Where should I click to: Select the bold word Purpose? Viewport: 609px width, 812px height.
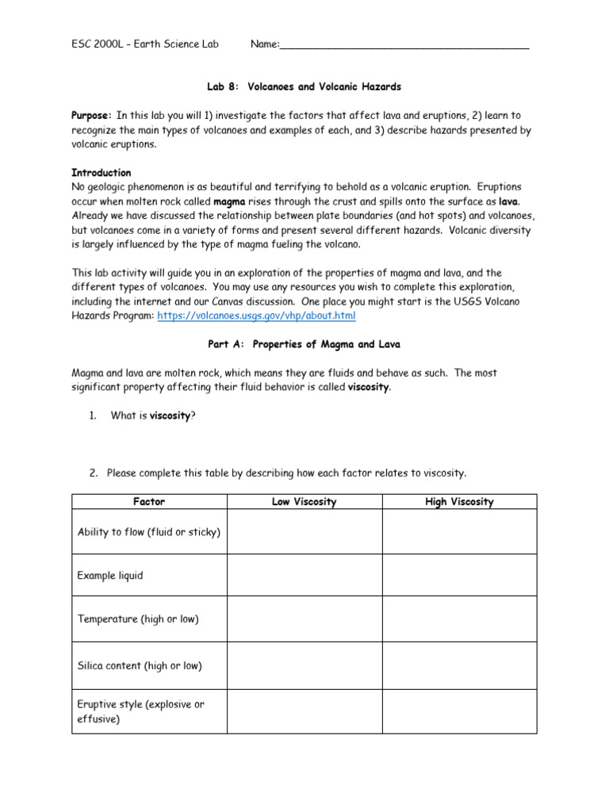click(x=92, y=115)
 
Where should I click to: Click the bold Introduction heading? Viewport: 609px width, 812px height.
click(x=101, y=173)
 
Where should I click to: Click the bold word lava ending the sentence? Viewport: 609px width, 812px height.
click(x=508, y=201)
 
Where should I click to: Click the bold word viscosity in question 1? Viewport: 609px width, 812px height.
click(x=170, y=416)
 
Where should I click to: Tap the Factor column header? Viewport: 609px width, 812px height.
click(x=149, y=502)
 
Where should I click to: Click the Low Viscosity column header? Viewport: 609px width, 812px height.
click(x=304, y=502)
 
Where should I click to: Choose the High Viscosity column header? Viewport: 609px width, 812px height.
click(x=459, y=502)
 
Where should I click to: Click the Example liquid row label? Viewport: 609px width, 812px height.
click(x=110, y=576)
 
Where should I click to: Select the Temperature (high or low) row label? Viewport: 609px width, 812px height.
click(x=138, y=619)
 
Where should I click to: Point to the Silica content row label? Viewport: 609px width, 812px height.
click(x=140, y=666)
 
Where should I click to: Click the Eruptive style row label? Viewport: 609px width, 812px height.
click(x=140, y=711)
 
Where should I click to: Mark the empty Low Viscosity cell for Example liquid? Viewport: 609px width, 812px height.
click(x=304, y=576)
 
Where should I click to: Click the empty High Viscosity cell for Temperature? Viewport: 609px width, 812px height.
click(x=459, y=619)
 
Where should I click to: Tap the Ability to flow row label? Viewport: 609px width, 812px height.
click(x=148, y=531)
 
